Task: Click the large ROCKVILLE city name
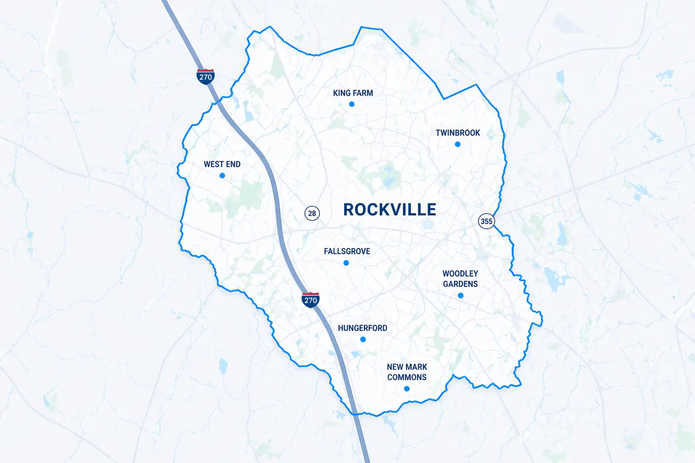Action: pyautogui.click(x=390, y=210)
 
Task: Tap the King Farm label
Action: pyautogui.click(x=353, y=93)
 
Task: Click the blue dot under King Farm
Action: pyautogui.click(x=352, y=104)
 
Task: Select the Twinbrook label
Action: pyautogui.click(x=457, y=133)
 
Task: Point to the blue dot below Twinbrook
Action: pyautogui.click(x=457, y=144)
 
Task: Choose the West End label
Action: pyautogui.click(x=222, y=164)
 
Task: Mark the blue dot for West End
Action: pyautogui.click(x=222, y=175)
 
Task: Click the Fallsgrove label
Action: pyautogui.click(x=347, y=251)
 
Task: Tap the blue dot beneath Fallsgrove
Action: pyautogui.click(x=346, y=263)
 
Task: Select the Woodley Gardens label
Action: pyautogui.click(x=460, y=279)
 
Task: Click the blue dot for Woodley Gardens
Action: pyautogui.click(x=461, y=296)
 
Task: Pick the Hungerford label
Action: pyautogui.click(x=362, y=328)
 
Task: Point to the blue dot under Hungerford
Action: pyautogui.click(x=363, y=340)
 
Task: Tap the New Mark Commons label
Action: pyautogui.click(x=407, y=372)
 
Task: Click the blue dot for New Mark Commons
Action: pyautogui.click(x=407, y=389)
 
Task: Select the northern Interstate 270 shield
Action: pyautogui.click(x=205, y=76)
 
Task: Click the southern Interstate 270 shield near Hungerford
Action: pyautogui.click(x=310, y=300)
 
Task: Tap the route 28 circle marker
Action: pyautogui.click(x=312, y=213)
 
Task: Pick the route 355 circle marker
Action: pyautogui.click(x=486, y=222)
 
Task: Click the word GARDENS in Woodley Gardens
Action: pyautogui.click(x=460, y=284)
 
